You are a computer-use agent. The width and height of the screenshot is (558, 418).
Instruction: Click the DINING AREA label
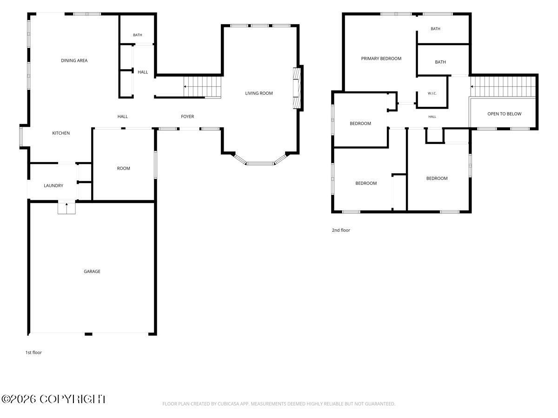[x=74, y=60]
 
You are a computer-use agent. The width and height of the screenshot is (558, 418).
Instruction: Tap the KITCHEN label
[x=61, y=133]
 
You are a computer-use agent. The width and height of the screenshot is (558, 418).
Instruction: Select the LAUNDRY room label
[x=53, y=185]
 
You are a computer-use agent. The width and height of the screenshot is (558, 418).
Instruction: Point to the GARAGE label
[x=92, y=271]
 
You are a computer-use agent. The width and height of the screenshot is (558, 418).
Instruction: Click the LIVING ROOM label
[x=259, y=93]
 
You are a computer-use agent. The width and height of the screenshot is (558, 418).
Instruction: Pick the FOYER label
[x=187, y=117]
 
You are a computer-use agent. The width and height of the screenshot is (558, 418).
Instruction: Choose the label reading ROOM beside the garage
[x=124, y=168]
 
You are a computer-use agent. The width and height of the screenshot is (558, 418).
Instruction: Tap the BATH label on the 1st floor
[x=138, y=35]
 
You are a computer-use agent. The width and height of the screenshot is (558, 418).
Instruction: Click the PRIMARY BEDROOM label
[x=381, y=59]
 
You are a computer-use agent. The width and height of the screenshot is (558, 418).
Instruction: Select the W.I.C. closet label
[x=432, y=93]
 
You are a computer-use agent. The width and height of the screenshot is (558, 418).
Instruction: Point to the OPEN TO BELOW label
[x=504, y=114]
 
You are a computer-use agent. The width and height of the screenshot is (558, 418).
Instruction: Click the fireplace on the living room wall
[x=297, y=88]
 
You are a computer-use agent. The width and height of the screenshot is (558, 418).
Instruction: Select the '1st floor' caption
[x=33, y=352]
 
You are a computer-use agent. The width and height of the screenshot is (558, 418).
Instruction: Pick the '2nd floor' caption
[x=341, y=230]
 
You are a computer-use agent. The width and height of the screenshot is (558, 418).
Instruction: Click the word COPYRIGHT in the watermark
[x=73, y=399]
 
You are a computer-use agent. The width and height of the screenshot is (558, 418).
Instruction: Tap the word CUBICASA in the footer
[x=227, y=404]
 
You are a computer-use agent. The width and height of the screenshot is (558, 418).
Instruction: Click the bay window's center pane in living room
[x=260, y=163]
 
